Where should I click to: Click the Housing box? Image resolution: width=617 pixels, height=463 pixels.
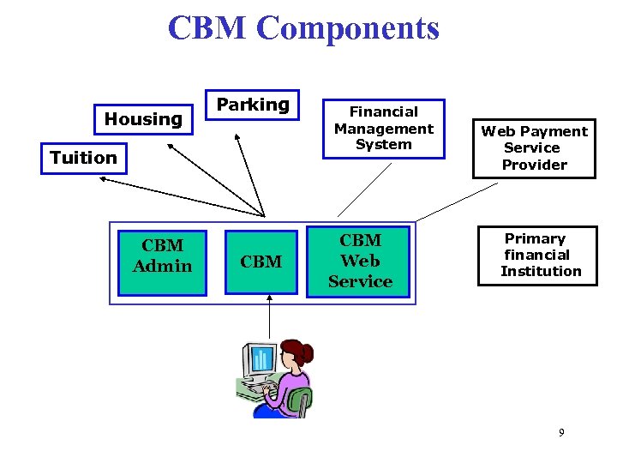tap(143, 119)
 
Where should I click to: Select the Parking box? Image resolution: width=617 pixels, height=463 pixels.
tap(252, 105)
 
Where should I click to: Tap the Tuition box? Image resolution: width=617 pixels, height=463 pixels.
tap(83, 158)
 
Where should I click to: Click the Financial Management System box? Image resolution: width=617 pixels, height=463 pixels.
tap(383, 129)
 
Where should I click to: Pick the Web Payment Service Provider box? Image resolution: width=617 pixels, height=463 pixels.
tap(534, 148)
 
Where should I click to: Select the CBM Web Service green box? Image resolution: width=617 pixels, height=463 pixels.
tap(360, 261)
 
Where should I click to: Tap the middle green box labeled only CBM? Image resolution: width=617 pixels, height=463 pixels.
tap(261, 261)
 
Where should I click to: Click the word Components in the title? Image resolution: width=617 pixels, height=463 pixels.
tap(347, 27)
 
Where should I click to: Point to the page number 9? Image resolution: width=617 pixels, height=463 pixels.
tap(561, 433)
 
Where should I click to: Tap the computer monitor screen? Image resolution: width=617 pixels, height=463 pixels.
tap(260, 358)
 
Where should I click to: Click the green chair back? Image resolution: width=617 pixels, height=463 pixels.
tap(299, 400)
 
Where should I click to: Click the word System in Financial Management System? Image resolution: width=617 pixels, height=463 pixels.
tap(384, 144)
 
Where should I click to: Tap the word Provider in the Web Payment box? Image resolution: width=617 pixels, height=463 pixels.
tap(534, 165)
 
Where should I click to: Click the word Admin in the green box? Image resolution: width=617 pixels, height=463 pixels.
tap(162, 266)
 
